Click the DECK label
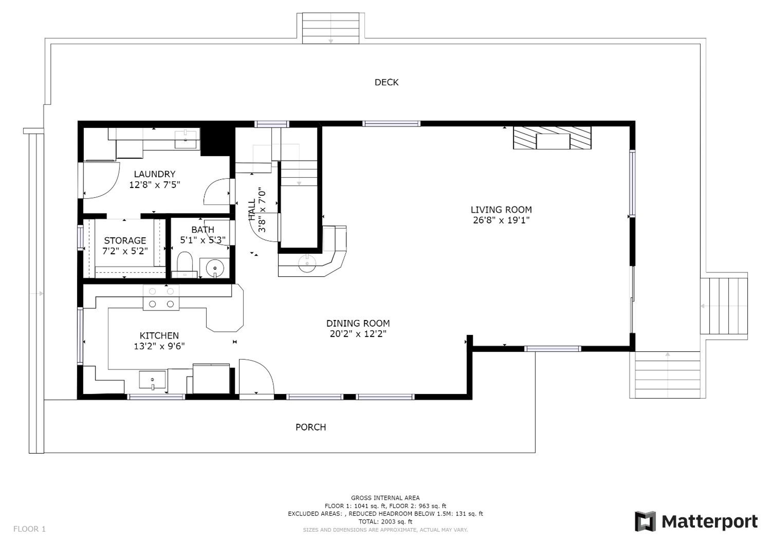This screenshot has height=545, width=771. [386, 82]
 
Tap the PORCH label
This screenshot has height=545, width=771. [311, 427]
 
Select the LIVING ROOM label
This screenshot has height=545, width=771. [501, 210]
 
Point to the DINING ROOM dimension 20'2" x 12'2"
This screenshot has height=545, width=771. [358, 334]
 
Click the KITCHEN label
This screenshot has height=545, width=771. [159, 336]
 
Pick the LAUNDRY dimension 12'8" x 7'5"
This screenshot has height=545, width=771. [155, 185]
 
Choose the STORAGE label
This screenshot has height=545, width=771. [125, 241]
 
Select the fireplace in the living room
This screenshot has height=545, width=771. [552, 138]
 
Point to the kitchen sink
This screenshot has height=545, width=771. [152, 380]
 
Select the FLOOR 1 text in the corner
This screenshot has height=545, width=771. [29, 529]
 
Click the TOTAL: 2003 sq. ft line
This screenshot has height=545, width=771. [385, 522]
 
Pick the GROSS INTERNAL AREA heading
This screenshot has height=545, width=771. [385, 498]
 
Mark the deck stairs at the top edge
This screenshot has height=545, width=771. [331, 28]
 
